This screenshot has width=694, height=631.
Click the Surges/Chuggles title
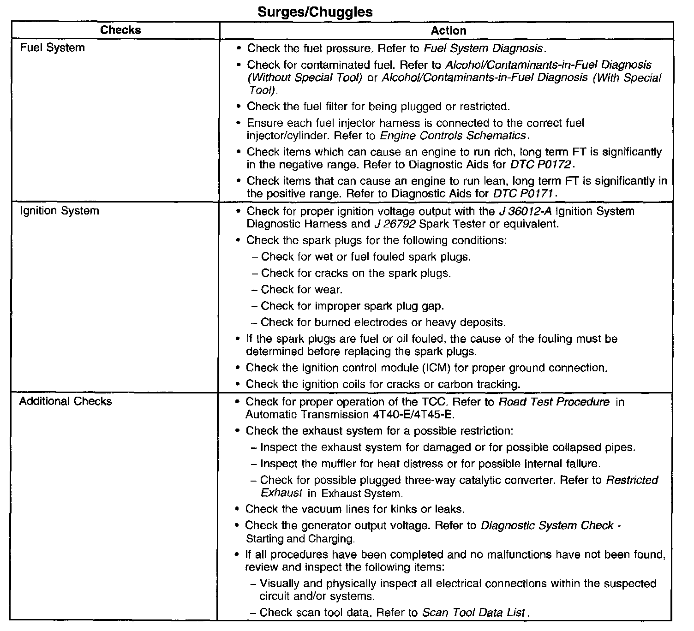315,12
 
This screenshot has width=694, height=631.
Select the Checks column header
120,30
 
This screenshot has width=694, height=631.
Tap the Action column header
448,31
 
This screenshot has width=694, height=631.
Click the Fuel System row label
52,48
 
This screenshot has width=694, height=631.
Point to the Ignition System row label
59,211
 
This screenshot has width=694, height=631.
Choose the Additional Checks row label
66,401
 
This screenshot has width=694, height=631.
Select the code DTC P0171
523,194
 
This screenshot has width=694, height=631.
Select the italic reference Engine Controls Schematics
453,136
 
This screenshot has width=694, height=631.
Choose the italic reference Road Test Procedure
554,402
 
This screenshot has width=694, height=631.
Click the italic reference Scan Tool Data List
473,613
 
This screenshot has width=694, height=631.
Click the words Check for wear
301,290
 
